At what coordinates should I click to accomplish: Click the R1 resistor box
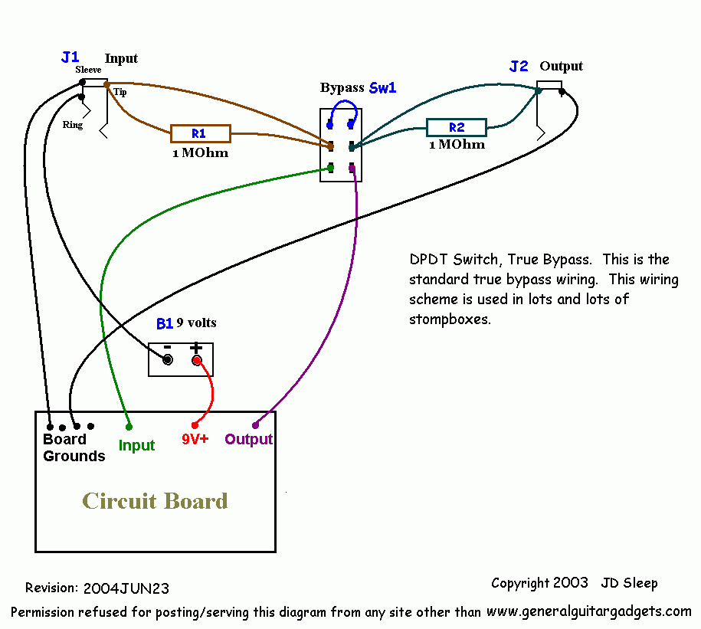201,133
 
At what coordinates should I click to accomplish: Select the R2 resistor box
457,127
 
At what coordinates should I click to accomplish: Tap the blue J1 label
70,57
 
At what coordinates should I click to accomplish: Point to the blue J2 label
519,67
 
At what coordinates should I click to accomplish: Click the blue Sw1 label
383,87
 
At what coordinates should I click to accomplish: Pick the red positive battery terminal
196,360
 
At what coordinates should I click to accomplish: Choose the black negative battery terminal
168,359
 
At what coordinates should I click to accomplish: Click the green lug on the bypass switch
330,168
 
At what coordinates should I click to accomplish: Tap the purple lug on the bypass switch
352,169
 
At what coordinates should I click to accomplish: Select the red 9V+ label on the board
195,439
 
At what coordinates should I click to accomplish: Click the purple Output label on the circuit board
248,440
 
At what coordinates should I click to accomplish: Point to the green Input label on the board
136,446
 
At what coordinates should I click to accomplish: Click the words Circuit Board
155,501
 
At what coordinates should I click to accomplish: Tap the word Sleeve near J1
88,70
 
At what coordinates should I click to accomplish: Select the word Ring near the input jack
73,125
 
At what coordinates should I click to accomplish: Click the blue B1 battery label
165,323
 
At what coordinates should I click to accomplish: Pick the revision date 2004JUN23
126,588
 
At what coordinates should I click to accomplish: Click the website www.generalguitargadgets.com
589,611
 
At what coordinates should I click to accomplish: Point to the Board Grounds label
74,447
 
